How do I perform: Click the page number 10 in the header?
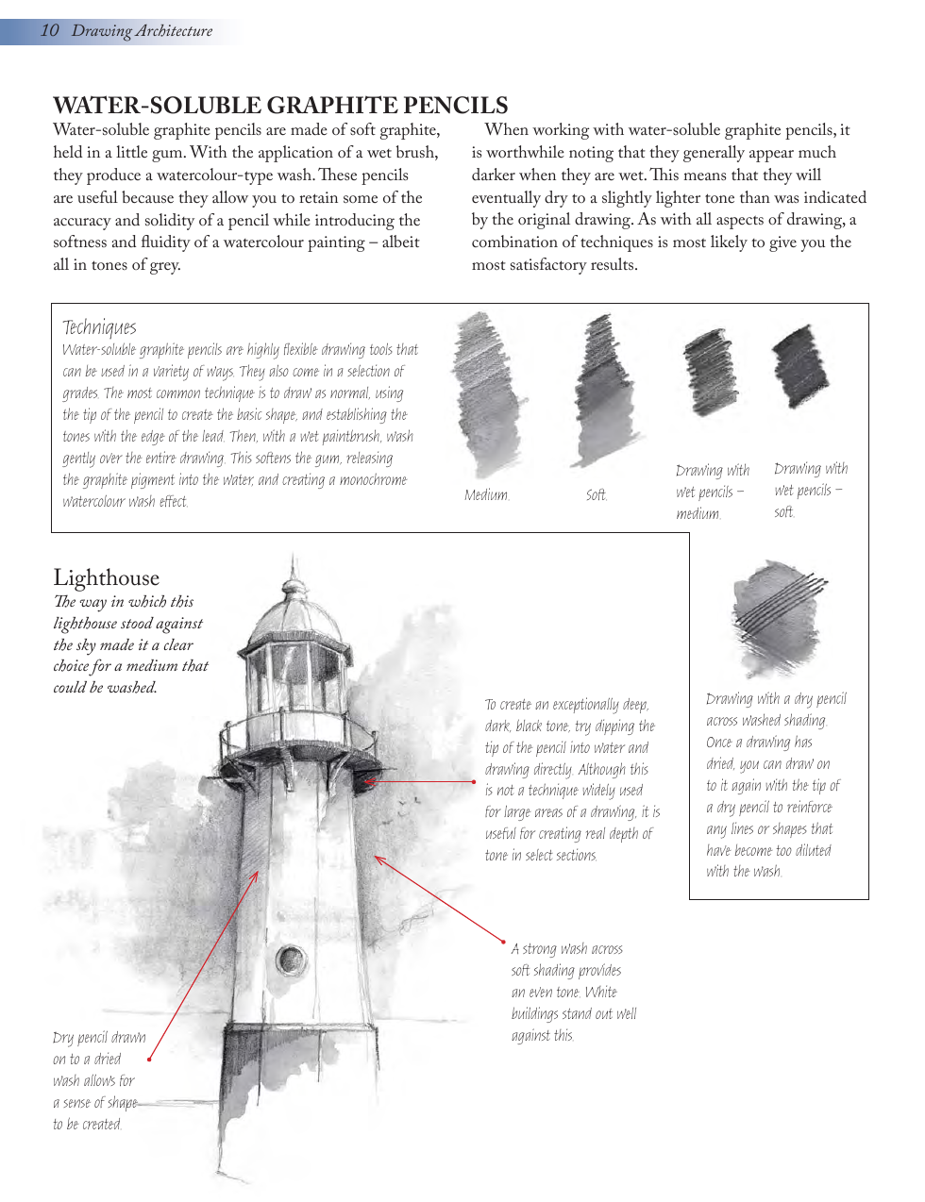(49, 31)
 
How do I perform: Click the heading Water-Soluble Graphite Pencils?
(280, 105)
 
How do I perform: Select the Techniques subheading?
(99, 327)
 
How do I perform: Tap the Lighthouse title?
(106, 577)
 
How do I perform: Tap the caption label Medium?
(486, 494)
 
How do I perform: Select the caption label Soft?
(596, 494)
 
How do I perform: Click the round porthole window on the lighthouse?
(290, 960)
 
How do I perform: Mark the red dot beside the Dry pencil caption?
(149, 1060)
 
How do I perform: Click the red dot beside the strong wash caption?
(503, 941)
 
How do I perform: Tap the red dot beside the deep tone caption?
(474, 782)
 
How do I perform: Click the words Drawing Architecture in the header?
(142, 31)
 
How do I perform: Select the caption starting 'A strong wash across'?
(573, 992)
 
